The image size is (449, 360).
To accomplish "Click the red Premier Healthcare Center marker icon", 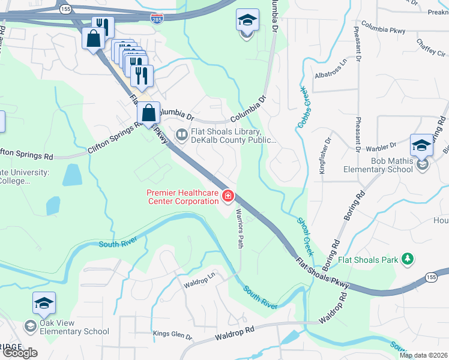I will pyautogui.click(x=228, y=196).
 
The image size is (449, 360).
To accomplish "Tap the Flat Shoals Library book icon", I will pyautogui.click(x=181, y=133).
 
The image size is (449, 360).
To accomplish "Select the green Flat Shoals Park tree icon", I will pyautogui.click(x=408, y=259).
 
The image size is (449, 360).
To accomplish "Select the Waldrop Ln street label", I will pyautogui.click(x=199, y=282).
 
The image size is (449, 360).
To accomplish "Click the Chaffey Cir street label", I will pyautogui.click(x=431, y=46).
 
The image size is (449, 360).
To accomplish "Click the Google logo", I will pyautogui.click(x=20, y=353).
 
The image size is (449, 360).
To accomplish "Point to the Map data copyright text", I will pyautogui.click(x=423, y=355).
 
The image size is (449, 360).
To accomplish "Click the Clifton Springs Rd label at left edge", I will pyautogui.click(x=26, y=156).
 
